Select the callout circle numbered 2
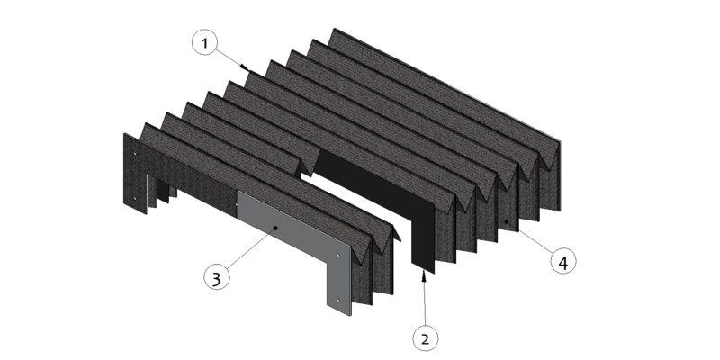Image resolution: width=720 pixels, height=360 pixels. tap(425, 339)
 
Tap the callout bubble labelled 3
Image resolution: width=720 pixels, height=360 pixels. tap(216, 277)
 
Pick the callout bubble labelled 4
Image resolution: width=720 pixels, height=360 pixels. tap(563, 262)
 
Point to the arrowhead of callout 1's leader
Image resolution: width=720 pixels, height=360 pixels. tap(246, 68)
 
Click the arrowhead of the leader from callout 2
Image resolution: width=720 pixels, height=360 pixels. tap(423, 275)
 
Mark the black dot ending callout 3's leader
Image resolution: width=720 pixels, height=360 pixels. tap(275, 228)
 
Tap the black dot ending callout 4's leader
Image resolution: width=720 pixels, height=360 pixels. tap(507, 221)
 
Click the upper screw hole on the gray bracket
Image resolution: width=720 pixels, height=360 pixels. tap(338, 256)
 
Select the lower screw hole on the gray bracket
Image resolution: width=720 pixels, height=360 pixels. tap(338, 300)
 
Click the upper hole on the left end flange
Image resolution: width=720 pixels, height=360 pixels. tap(134, 154)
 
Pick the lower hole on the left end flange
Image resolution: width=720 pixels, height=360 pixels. tap(134, 198)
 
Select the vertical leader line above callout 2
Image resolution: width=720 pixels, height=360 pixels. tap(424, 301)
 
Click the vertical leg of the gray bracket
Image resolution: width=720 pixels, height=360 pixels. tap(339, 279)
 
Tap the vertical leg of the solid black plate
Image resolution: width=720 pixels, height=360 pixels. tap(423, 234)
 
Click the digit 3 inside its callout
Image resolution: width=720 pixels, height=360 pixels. tap(216, 278)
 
